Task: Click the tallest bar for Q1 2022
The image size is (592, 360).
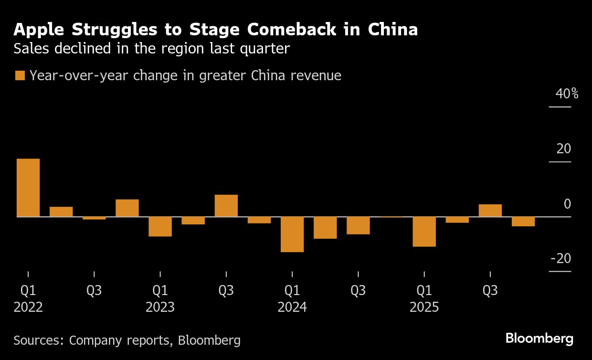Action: pos(28,188)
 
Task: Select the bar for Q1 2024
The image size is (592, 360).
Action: pos(292,234)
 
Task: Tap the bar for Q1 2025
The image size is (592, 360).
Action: pos(424,232)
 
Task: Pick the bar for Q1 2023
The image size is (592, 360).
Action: pos(160,227)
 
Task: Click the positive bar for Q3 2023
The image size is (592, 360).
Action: pos(226,206)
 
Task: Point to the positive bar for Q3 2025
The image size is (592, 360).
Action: pos(490,211)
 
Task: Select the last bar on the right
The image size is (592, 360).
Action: pos(523,222)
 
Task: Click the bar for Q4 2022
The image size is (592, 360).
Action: pos(127,208)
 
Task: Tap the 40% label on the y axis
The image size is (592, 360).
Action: pos(567,94)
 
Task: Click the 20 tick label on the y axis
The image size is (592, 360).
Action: pos(563,149)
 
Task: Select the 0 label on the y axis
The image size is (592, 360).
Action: pos(567,204)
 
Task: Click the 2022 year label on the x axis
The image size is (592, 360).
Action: pos(28,307)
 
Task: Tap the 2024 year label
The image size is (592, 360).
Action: pos(292,307)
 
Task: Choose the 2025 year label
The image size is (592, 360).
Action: pos(424,307)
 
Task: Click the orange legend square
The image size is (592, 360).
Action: pos(20,75)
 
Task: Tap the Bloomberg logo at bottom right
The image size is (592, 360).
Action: pos(539,339)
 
